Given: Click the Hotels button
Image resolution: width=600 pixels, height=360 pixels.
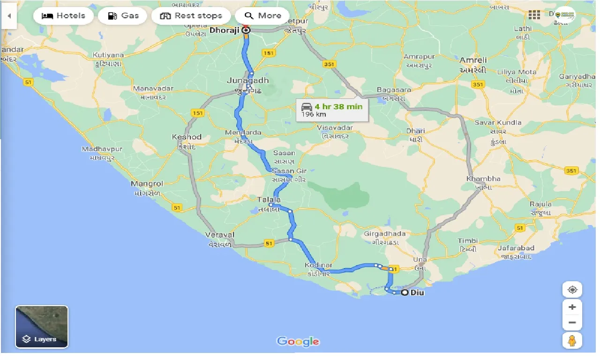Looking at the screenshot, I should click(63, 15).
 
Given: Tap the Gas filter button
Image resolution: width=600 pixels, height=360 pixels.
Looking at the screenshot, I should click(123, 15).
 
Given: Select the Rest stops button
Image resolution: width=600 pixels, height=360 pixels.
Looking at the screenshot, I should click(191, 15).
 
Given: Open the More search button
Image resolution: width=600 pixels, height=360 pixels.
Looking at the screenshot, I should click(262, 15).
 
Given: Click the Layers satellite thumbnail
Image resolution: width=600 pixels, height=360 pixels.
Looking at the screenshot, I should click(42, 327).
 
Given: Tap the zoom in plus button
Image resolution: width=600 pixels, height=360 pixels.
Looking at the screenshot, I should click(572, 307).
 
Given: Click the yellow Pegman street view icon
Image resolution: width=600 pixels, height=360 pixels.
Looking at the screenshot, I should click(572, 341).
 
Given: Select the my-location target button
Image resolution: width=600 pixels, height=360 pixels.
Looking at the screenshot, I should click(572, 290).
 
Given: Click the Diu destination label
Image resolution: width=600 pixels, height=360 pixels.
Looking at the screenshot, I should click(417, 293).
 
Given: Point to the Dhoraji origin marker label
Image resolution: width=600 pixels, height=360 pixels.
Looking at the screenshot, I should click(225, 30).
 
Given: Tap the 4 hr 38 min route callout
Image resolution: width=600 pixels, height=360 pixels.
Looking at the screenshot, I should click(332, 110).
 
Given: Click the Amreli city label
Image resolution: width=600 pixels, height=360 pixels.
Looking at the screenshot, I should click(473, 60).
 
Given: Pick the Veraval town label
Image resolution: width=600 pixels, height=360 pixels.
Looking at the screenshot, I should click(220, 235).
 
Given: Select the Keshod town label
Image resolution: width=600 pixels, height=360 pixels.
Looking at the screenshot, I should click(187, 137).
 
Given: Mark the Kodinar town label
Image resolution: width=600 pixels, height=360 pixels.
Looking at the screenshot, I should click(318, 265).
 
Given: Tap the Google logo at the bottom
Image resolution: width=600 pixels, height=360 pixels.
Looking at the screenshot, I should click(298, 341).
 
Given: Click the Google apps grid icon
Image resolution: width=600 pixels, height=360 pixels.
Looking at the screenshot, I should click(534, 15).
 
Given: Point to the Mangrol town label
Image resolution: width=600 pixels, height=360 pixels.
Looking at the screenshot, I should click(147, 184).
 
